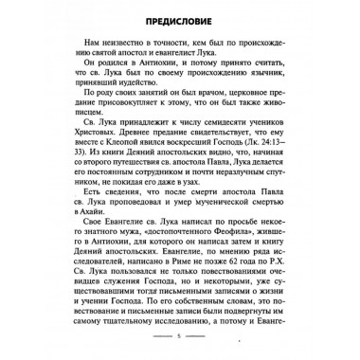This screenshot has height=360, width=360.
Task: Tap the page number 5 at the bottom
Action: coord(180,336)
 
